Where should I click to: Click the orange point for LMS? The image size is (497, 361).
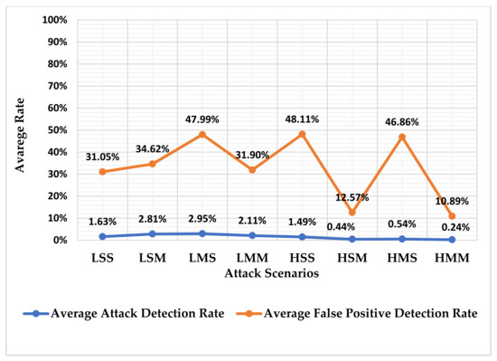tap(202, 135)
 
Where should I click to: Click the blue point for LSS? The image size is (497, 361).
tap(103, 237)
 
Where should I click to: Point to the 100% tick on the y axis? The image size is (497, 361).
tap(56, 20)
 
